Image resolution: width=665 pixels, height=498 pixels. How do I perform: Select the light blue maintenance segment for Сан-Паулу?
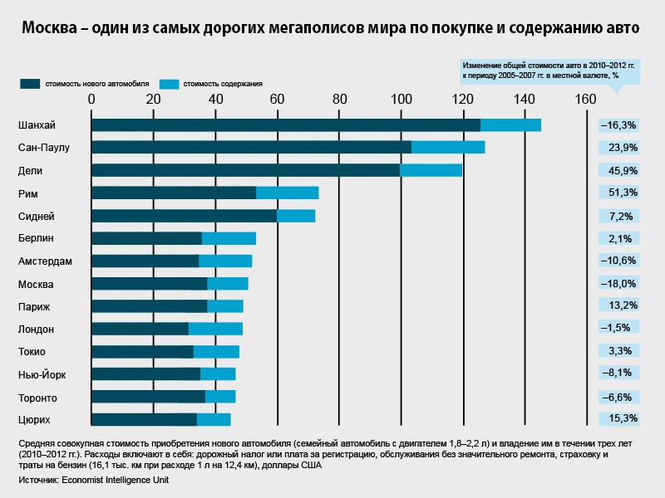click(448, 148)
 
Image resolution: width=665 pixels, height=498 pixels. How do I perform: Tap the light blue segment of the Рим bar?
click(287, 193)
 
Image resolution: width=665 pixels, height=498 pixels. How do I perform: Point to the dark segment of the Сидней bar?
click(184, 216)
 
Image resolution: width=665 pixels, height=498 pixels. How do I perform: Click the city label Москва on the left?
click(36, 284)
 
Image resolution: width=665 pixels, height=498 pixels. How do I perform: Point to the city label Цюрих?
click(35, 419)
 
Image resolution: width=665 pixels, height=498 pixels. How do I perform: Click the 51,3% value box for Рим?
click(619, 193)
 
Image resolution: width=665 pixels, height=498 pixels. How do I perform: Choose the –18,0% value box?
click(619, 284)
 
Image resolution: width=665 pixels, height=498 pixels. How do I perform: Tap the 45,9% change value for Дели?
click(619, 171)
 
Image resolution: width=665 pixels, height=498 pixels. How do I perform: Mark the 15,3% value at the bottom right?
click(619, 418)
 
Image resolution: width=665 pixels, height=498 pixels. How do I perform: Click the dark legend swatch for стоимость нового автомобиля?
click(31, 83)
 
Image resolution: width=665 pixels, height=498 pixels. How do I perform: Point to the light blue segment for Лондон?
click(215, 329)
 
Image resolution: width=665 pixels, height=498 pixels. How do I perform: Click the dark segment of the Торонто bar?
click(148, 397)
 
